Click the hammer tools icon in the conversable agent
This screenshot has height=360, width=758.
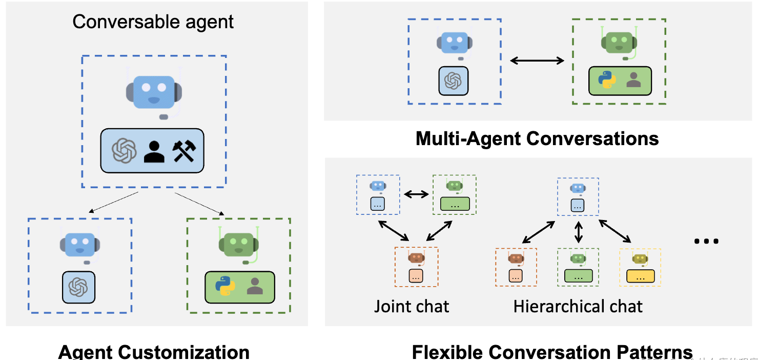coord(184,151)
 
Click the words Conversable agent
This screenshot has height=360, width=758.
coord(153,22)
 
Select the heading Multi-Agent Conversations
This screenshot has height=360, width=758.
coord(537,138)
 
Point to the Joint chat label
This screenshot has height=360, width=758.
coord(412,306)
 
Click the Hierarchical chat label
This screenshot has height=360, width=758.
coord(578,306)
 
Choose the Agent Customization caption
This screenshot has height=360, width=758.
coord(154,352)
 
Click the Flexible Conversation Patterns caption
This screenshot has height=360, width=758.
coord(552,352)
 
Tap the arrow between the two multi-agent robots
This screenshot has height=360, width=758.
coord(537,61)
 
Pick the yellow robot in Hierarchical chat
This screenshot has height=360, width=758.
coord(640,258)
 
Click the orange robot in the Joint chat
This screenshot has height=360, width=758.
coord(416,257)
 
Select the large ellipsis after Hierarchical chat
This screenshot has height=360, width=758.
coord(706,241)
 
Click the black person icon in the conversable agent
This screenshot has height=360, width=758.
coord(154,151)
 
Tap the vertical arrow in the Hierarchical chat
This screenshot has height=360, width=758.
coord(579,231)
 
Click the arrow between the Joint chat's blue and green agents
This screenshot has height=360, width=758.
coord(416,194)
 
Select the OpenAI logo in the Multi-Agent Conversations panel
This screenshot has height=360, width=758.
coord(454,81)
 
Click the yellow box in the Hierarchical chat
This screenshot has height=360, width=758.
coord(640,276)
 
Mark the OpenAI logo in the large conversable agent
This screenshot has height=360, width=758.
coord(125,151)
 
